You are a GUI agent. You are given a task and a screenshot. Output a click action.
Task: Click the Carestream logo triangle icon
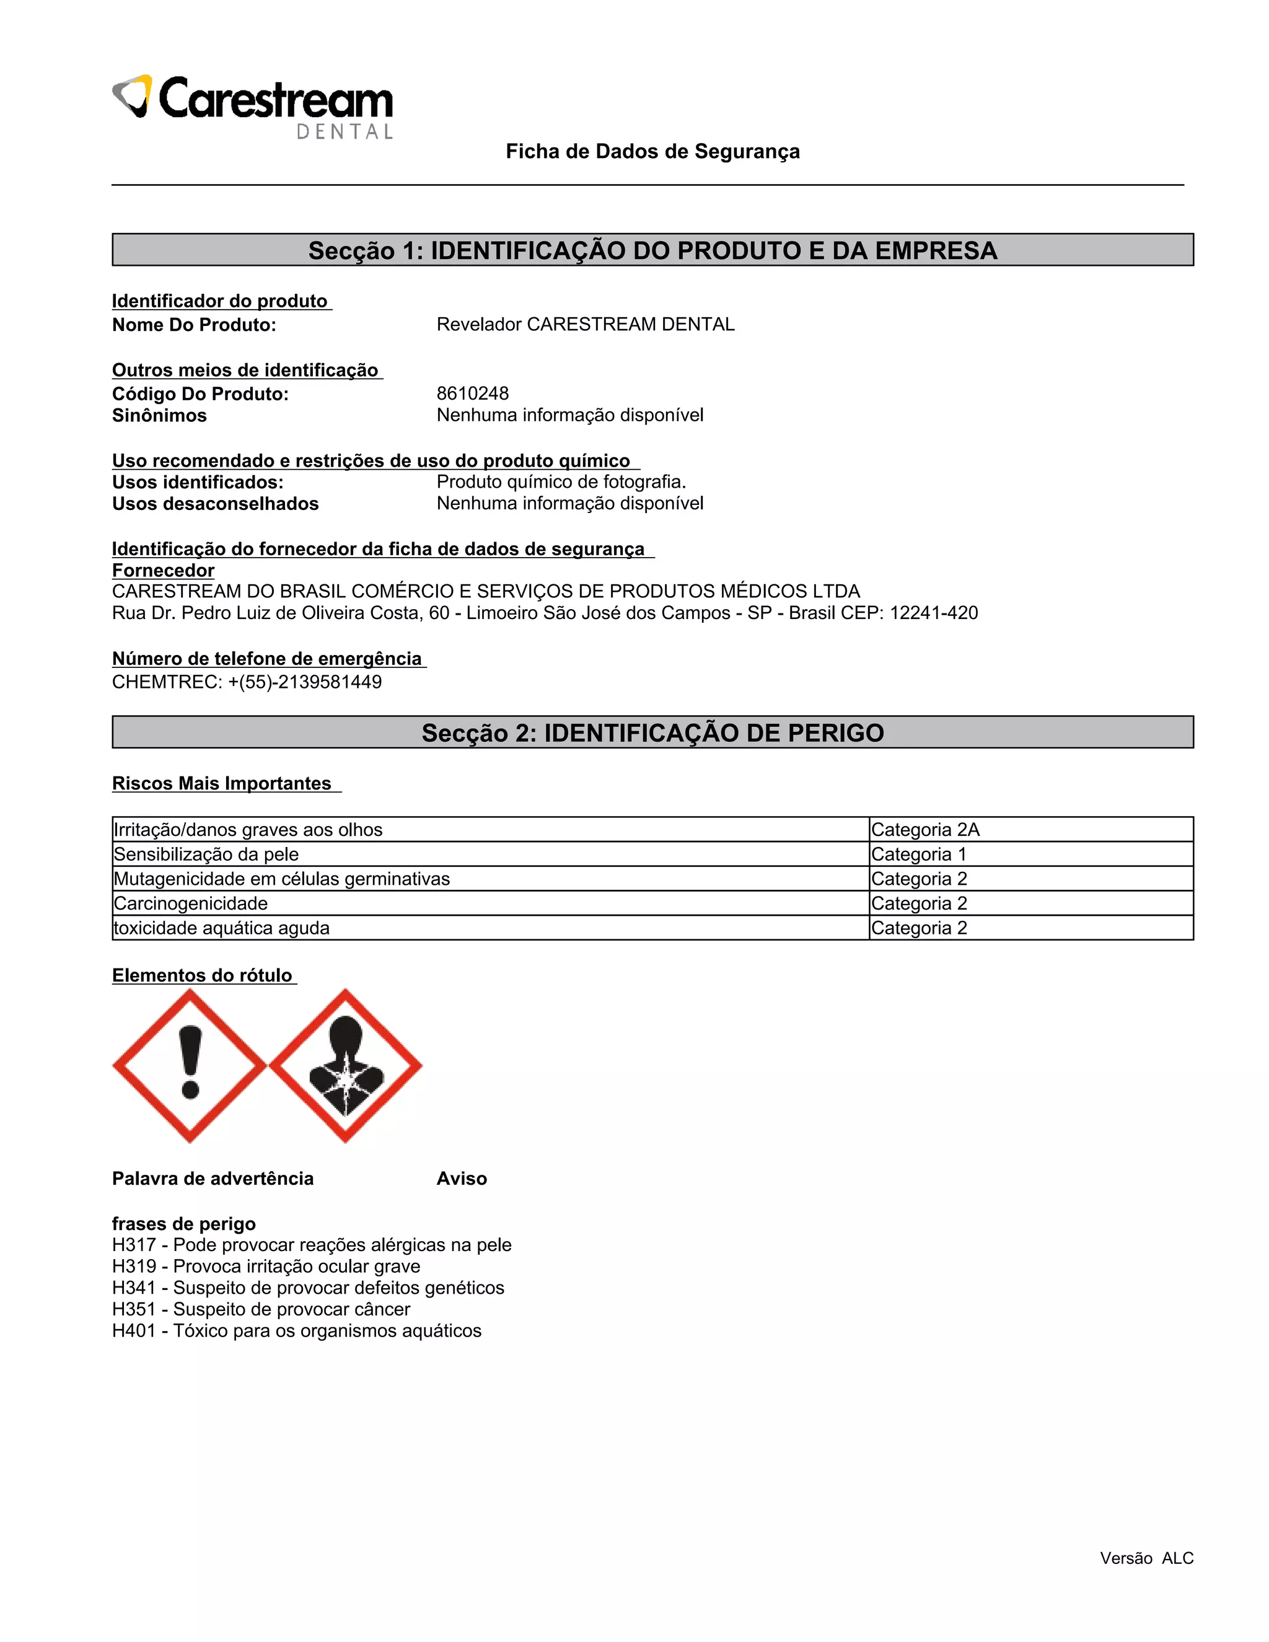pos(133,96)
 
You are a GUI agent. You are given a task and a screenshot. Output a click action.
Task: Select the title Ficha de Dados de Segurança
pos(652,152)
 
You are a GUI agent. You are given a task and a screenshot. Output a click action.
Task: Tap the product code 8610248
pos(472,393)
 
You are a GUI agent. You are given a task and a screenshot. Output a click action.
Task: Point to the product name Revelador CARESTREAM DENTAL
pos(585,324)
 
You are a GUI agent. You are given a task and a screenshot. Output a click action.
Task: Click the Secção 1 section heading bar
pos(652,250)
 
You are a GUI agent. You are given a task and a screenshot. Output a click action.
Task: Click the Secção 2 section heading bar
pos(652,732)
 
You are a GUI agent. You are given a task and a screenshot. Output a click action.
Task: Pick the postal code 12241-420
pos(934,613)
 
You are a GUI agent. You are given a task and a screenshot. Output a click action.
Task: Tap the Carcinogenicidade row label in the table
pos(190,903)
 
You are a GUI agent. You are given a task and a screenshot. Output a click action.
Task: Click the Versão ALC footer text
pos(1146,1558)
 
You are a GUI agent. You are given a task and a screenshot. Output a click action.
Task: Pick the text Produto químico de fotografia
pos(561,481)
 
